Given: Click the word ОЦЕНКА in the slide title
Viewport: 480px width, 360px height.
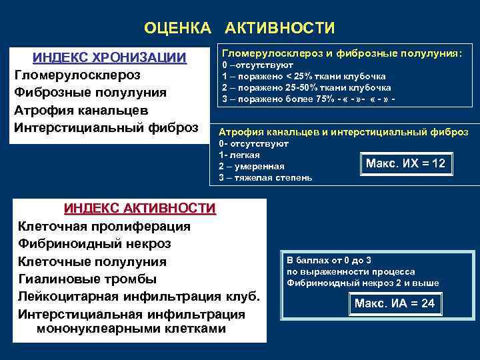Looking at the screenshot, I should (177, 28).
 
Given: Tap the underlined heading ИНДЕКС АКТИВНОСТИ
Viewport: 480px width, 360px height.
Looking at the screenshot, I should (140, 209).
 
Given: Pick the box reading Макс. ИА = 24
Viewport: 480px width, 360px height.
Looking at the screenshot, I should (395, 304).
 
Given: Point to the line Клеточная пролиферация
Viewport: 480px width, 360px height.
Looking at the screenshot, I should (104, 226).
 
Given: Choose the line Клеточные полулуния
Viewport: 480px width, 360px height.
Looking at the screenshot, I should (93, 261).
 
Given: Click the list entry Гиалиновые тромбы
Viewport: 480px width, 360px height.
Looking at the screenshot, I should (87, 278).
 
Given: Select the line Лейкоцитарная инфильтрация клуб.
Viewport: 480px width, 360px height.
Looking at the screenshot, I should (139, 295).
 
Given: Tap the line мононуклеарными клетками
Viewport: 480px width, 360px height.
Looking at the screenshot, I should (131, 329).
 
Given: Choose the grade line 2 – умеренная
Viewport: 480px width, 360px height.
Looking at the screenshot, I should (252, 166).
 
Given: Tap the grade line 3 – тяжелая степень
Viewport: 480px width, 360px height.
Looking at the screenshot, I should (265, 178).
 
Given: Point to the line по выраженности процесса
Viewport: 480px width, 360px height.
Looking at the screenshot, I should (351, 271).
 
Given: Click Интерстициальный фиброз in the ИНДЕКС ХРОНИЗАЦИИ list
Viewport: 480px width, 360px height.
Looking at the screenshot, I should (107, 126).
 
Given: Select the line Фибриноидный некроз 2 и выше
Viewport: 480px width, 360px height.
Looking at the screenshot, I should (363, 283).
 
